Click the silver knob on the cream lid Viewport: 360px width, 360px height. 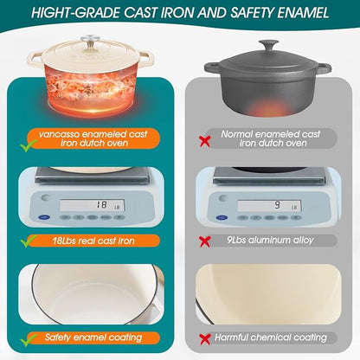90,40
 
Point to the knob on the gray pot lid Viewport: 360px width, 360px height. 268,45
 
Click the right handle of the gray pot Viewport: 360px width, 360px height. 322,68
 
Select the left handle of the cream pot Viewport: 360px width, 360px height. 35,59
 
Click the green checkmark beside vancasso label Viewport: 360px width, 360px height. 29,145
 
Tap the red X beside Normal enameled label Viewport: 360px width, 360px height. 205,141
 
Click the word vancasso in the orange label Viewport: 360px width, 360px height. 60,134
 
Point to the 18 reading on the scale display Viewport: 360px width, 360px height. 101,204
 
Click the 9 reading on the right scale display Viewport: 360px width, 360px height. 277,205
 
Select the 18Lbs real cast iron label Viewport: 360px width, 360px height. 93,241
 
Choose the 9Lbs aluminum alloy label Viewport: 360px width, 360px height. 270,240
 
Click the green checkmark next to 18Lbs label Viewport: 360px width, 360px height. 29,241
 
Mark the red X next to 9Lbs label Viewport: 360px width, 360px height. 205,241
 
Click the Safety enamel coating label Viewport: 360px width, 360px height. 93,337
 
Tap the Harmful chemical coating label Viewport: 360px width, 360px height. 271,337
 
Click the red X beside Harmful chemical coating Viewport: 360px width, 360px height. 205,339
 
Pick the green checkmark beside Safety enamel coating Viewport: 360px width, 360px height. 29,340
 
